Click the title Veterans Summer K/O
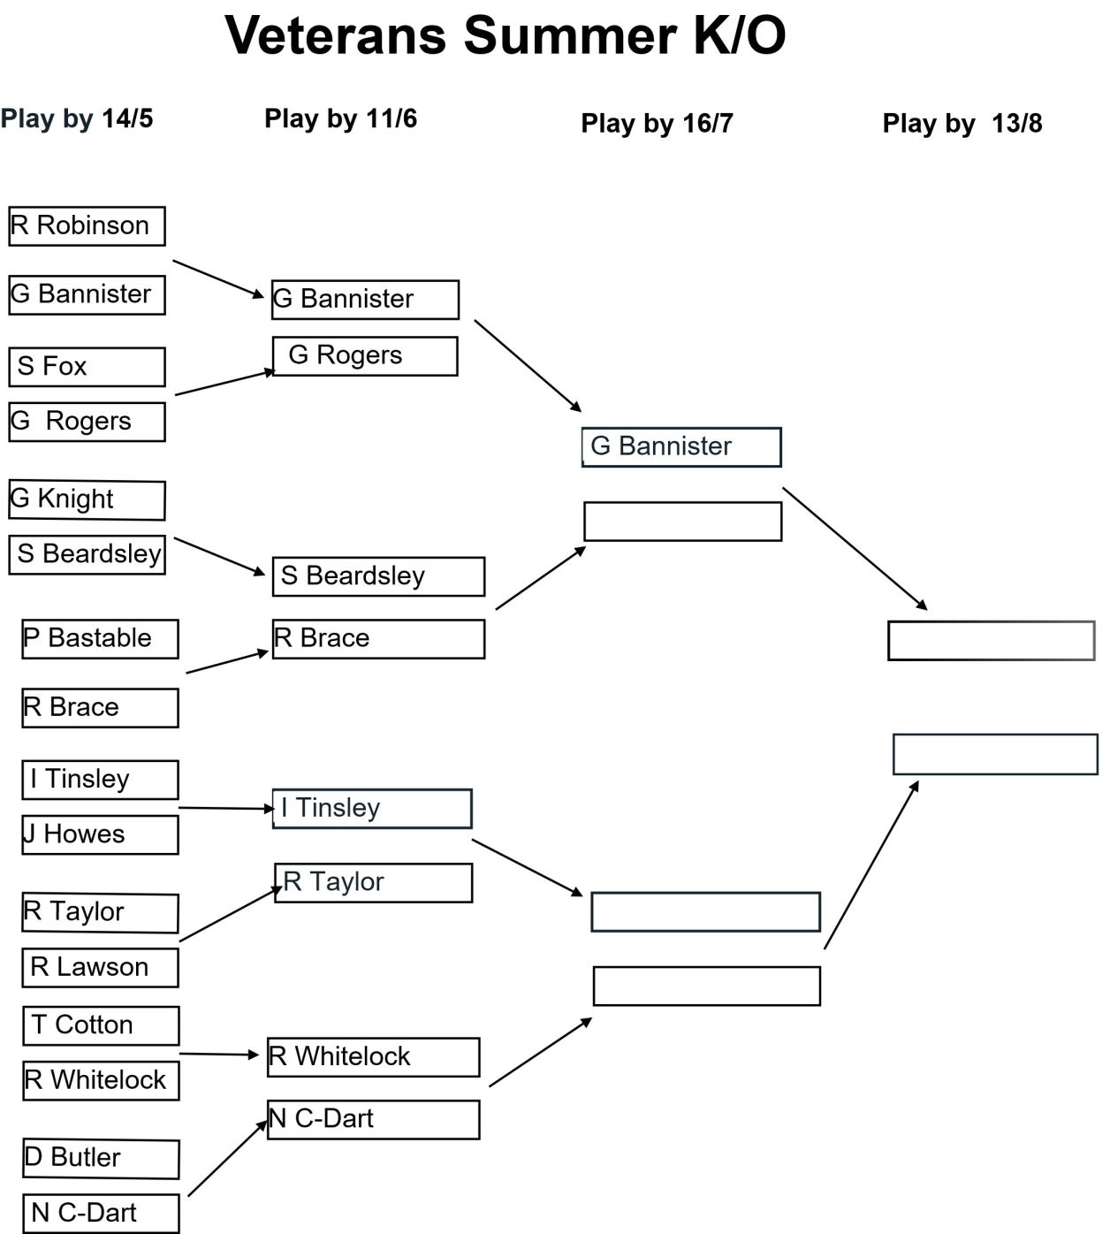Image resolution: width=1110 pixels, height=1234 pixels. pyautogui.click(x=506, y=35)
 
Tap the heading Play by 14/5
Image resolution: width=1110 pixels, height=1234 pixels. pyautogui.click(x=77, y=118)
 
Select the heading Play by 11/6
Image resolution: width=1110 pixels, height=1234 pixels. pyautogui.click(x=340, y=118)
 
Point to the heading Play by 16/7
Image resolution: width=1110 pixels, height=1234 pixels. pyautogui.click(x=658, y=124)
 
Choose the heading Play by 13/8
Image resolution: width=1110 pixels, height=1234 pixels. pyautogui.click(x=962, y=124)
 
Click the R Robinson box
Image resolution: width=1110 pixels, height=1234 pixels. pyautogui.click(x=87, y=226)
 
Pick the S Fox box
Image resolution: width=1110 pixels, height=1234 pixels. pyautogui.click(x=87, y=367)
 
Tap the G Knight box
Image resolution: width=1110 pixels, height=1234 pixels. pyautogui.click(x=87, y=500)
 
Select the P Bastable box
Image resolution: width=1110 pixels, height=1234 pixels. pyautogui.click(x=100, y=639)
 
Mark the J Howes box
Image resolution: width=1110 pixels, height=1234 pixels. pyautogui.click(x=100, y=834)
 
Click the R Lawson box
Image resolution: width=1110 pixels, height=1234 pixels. pyautogui.click(x=100, y=968)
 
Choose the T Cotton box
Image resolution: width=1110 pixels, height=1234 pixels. pyautogui.click(x=101, y=1025)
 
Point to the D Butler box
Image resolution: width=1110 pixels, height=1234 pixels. pyautogui.click(x=101, y=1159)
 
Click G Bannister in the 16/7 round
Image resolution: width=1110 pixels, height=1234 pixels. pyautogui.click(x=681, y=447)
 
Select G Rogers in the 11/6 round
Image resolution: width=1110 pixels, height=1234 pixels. pyautogui.click(x=365, y=356)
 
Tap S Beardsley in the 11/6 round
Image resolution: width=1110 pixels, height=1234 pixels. pyautogui.click(x=378, y=576)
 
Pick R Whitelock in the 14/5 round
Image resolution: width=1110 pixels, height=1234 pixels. pyautogui.click(x=101, y=1080)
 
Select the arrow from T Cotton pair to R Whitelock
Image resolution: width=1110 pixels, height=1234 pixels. pyautogui.click(x=219, y=1054)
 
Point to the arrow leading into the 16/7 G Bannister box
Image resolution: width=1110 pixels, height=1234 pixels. pyautogui.click(x=528, y=365)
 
